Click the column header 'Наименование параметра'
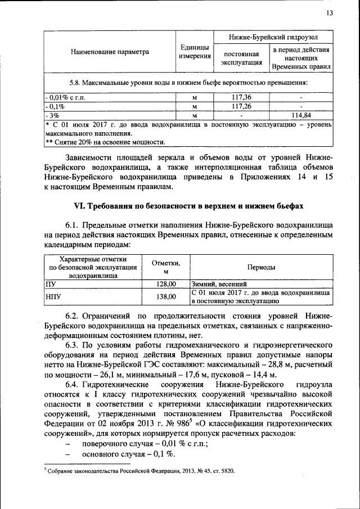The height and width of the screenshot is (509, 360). (110, 52)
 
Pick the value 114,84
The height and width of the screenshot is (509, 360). (301, 115)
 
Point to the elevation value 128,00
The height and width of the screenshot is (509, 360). (166, 284)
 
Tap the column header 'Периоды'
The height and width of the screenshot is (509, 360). (262, 267)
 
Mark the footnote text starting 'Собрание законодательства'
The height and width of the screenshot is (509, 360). (141, 470)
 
